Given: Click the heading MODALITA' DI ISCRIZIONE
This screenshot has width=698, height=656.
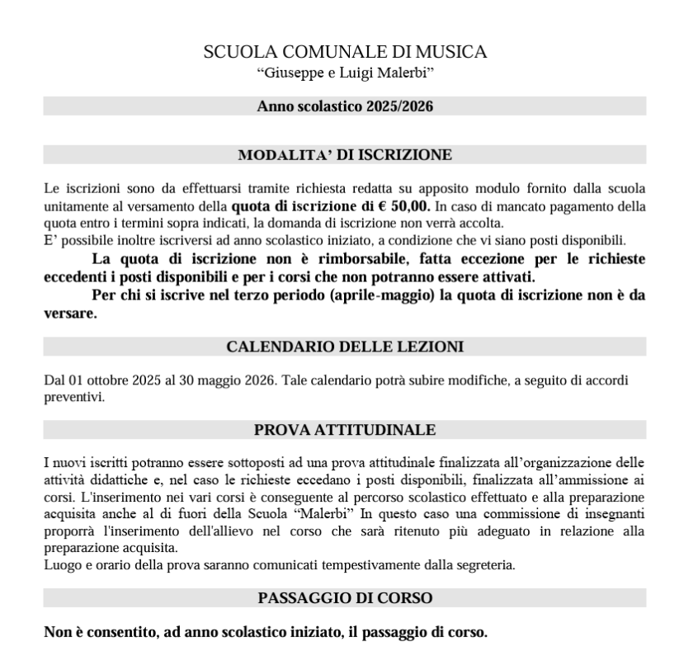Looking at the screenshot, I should [344, 154].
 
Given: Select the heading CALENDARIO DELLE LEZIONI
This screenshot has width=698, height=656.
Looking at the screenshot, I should [344, 347].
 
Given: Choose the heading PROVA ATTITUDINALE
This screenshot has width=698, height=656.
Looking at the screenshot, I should [344, 429].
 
